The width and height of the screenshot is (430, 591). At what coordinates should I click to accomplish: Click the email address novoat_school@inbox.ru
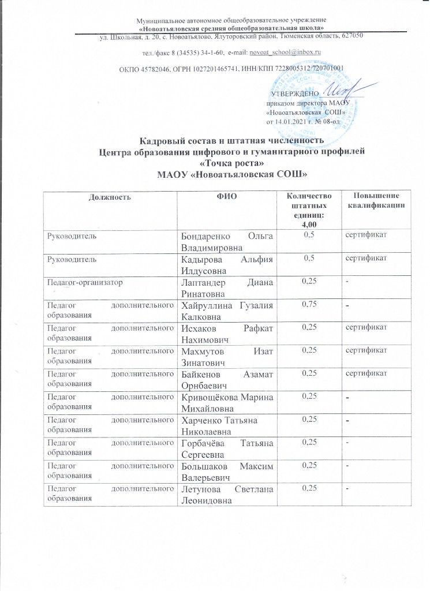tap(283, 53)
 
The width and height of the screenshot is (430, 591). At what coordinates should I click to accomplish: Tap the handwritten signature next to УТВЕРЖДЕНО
tap(341, 91)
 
